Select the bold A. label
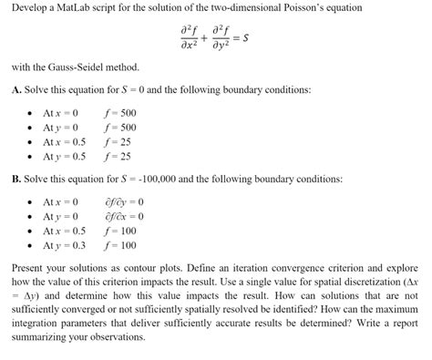(16, 90)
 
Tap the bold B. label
(16, 179)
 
